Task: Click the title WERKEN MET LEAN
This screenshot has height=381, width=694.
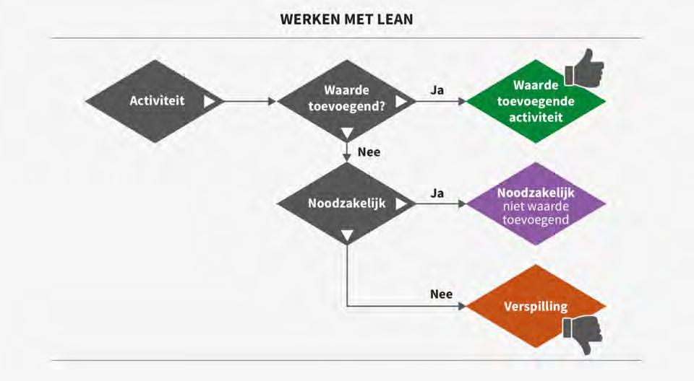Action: [347, 19]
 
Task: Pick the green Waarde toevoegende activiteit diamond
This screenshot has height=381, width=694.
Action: [536, 101]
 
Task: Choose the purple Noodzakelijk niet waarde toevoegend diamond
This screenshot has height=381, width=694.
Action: [536, 204]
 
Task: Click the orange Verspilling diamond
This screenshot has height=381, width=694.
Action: [536, 306]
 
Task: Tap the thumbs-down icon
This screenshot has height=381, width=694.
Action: [583, 334]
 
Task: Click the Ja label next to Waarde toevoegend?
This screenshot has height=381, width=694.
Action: [437, 90]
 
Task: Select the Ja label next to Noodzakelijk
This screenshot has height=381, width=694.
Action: [437, 193]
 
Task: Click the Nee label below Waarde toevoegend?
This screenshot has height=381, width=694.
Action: [369, 152]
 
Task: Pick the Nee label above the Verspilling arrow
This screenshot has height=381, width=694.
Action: [441, 294]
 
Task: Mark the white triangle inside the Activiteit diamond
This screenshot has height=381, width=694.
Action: [210, 101]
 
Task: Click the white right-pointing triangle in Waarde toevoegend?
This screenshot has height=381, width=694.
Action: [401, 101]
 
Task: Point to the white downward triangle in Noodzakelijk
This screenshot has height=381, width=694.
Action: [348, 235]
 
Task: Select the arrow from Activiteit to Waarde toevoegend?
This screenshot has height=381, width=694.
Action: [249, 101]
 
